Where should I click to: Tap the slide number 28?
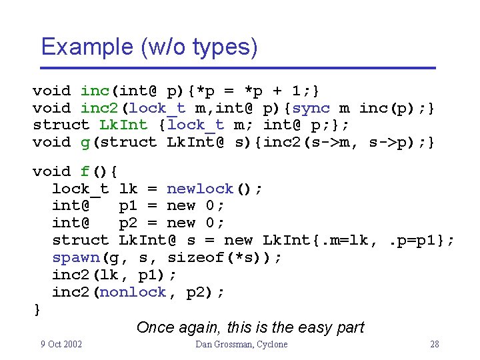(434, 344)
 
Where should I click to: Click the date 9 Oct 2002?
(61, 344)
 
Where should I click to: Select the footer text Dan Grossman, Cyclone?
(241, 344)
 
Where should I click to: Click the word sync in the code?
(311, 108)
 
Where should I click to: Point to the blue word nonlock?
(133, 292)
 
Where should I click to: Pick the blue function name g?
(85, 142)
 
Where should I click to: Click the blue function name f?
(85, 171)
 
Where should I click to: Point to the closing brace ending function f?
(37, 309)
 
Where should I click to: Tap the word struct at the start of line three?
(61, 125)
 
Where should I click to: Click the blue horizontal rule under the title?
(237, 68)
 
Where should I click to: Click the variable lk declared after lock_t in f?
(128, 189)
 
